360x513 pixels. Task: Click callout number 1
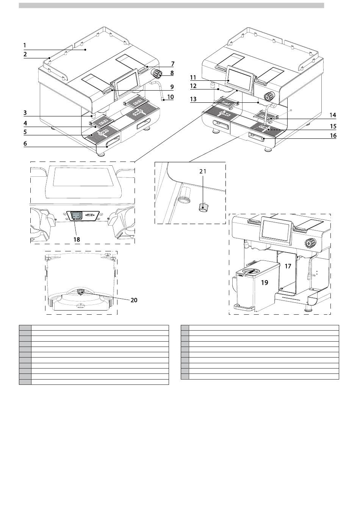25,45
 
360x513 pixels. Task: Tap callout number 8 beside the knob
172,73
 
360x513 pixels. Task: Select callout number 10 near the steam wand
171,97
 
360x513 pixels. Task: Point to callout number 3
25,113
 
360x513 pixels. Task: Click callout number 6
25,144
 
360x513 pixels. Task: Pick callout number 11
193,78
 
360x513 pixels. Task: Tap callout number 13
193,99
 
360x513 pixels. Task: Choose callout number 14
333,115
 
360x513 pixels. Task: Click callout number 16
333,136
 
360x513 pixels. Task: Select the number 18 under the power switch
77,240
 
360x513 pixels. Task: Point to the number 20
134,300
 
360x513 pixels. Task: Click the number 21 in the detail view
203,171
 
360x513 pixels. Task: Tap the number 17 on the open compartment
288,266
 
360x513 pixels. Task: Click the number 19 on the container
265,282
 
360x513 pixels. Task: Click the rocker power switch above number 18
77,215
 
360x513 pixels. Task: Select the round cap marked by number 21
202,208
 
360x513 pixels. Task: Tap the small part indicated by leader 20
81,292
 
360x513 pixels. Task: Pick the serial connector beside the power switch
90,215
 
